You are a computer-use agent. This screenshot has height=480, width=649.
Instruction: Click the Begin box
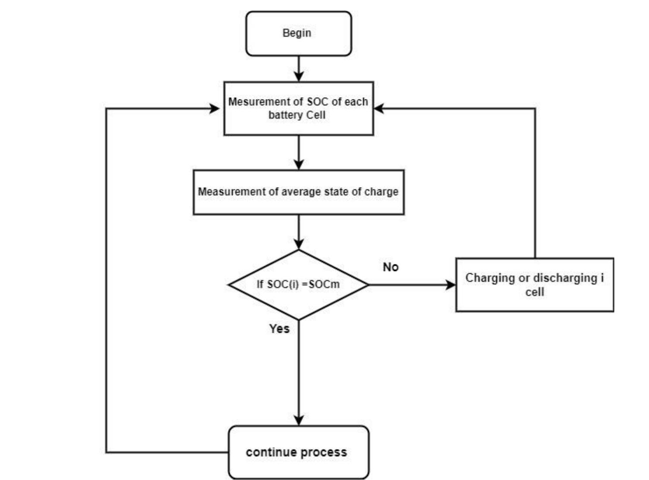click(298, 34)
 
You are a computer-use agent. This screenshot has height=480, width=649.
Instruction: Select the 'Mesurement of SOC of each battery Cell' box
click(298, 108)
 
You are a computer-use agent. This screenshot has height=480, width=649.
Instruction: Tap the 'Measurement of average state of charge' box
click(298, 192)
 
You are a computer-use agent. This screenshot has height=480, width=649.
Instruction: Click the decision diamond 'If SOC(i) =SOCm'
click(298, 285)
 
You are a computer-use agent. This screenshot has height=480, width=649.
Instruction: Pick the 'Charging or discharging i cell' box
click(534, 285)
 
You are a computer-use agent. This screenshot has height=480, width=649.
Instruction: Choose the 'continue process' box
click(298, 452)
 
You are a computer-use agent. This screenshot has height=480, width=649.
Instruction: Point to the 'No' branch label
click(390, 267)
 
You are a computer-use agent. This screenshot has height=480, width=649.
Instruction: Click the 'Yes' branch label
click(279, 329)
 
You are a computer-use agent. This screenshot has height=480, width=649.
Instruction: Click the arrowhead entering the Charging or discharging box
click(451, 285)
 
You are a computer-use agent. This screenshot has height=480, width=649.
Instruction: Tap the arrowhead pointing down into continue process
click(299, 420)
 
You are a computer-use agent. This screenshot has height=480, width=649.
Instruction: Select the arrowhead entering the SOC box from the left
click(215, 108)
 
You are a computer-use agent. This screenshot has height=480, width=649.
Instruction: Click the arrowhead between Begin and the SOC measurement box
click(299, 76)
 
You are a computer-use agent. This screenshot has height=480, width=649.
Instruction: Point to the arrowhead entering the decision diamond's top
click(299, 243)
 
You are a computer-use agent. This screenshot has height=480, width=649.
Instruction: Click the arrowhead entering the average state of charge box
click(299, 165)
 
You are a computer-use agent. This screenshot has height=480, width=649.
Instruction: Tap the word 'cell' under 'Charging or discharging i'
click(534, 292)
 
